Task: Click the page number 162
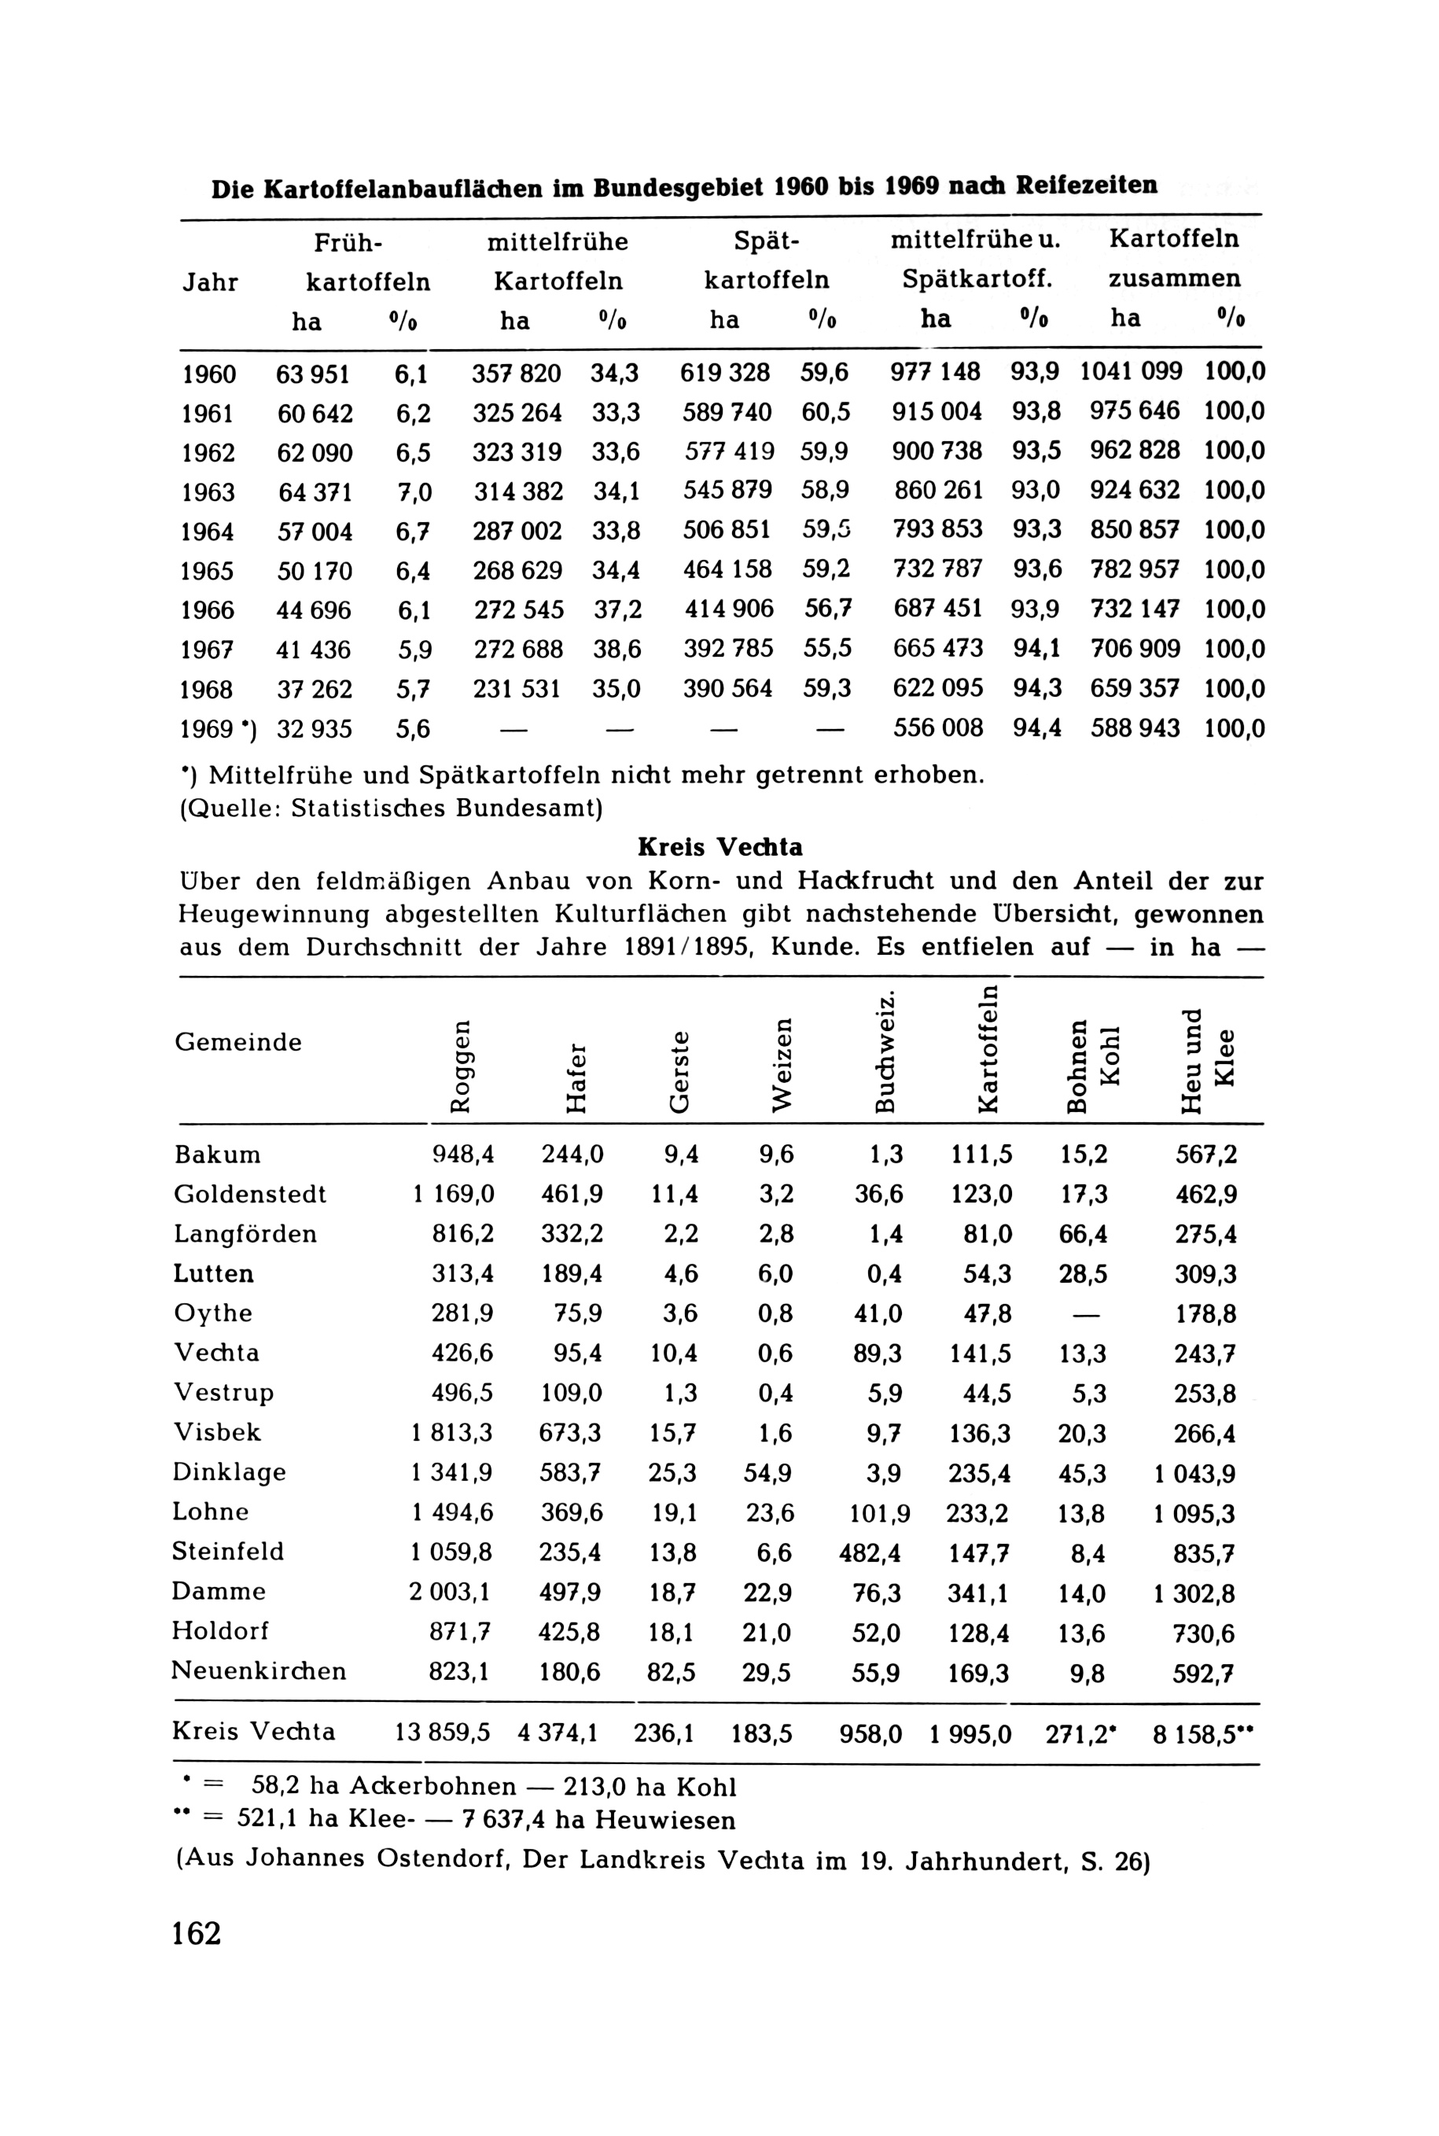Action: coord(197,1932)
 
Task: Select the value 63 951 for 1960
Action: coord(313,374)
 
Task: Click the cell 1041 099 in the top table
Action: coord(1131,372)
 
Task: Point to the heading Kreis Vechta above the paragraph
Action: coord(719,845)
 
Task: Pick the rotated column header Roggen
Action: coord(462,1065)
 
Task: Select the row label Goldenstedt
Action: coord(249,1194)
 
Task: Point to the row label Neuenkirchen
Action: coord(259,1670)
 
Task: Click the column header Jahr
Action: coord(209,282)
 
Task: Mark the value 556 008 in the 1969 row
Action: coord(938,728)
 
